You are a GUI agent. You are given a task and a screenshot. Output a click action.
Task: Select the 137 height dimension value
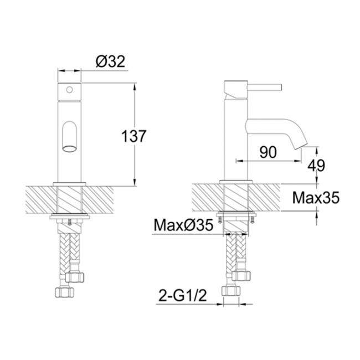click(134, 136)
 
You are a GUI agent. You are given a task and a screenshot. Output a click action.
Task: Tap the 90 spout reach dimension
click(268, 153)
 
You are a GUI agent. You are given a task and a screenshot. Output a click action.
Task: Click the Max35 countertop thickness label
click(315, 197)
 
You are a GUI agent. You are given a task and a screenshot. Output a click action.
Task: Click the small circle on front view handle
click(70, 89)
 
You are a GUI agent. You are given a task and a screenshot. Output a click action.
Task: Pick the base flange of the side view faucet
click(237, 182)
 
